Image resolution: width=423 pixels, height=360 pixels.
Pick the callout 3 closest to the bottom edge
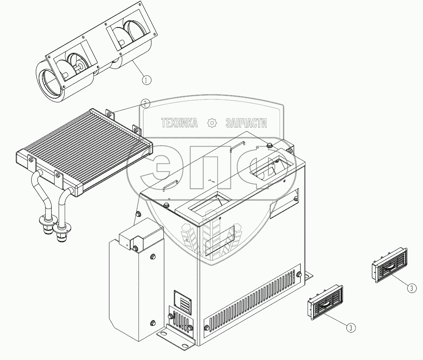tap(351, 328)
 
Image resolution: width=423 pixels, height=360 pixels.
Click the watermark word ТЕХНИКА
tap(179, 123)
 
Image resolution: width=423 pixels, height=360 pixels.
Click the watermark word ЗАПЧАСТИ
tap(246, 123)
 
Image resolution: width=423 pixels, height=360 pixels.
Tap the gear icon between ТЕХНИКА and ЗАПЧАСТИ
tap(212, 123)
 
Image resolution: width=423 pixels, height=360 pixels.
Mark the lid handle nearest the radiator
tap(171, 184)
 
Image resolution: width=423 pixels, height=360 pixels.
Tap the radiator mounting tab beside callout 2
tap(110, 114)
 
